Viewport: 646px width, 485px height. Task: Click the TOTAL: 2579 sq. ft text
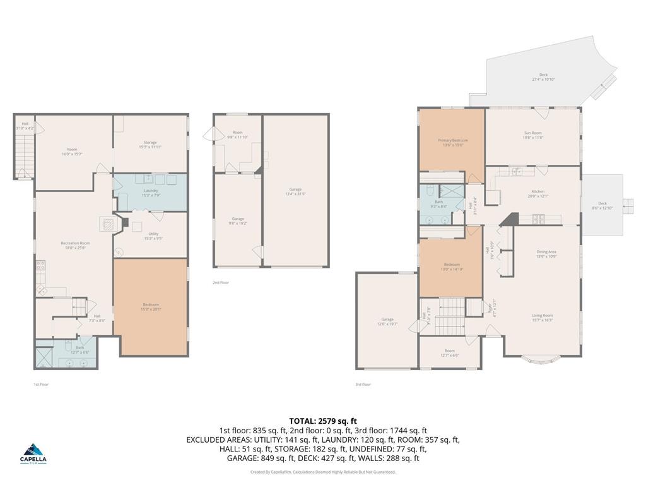point(323,421)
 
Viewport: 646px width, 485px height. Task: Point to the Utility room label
point(150,236)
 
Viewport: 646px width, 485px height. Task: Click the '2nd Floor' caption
point(220,282)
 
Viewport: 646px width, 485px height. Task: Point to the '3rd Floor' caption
point(363,384)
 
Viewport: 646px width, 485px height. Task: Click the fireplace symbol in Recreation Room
point(107,223)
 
